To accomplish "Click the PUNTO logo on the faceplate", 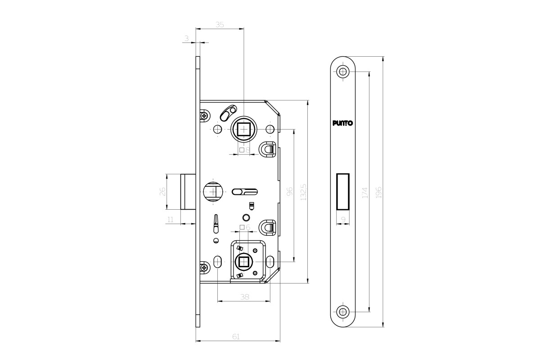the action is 342,123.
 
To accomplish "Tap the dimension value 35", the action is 220,25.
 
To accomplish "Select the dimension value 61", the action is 236,337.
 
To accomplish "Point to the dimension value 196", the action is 379,192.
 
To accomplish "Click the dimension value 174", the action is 365,193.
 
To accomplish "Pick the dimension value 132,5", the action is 303,192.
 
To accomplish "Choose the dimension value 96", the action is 290,191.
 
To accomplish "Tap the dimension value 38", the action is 244,297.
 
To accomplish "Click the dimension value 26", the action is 163,191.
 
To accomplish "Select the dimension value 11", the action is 171,220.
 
